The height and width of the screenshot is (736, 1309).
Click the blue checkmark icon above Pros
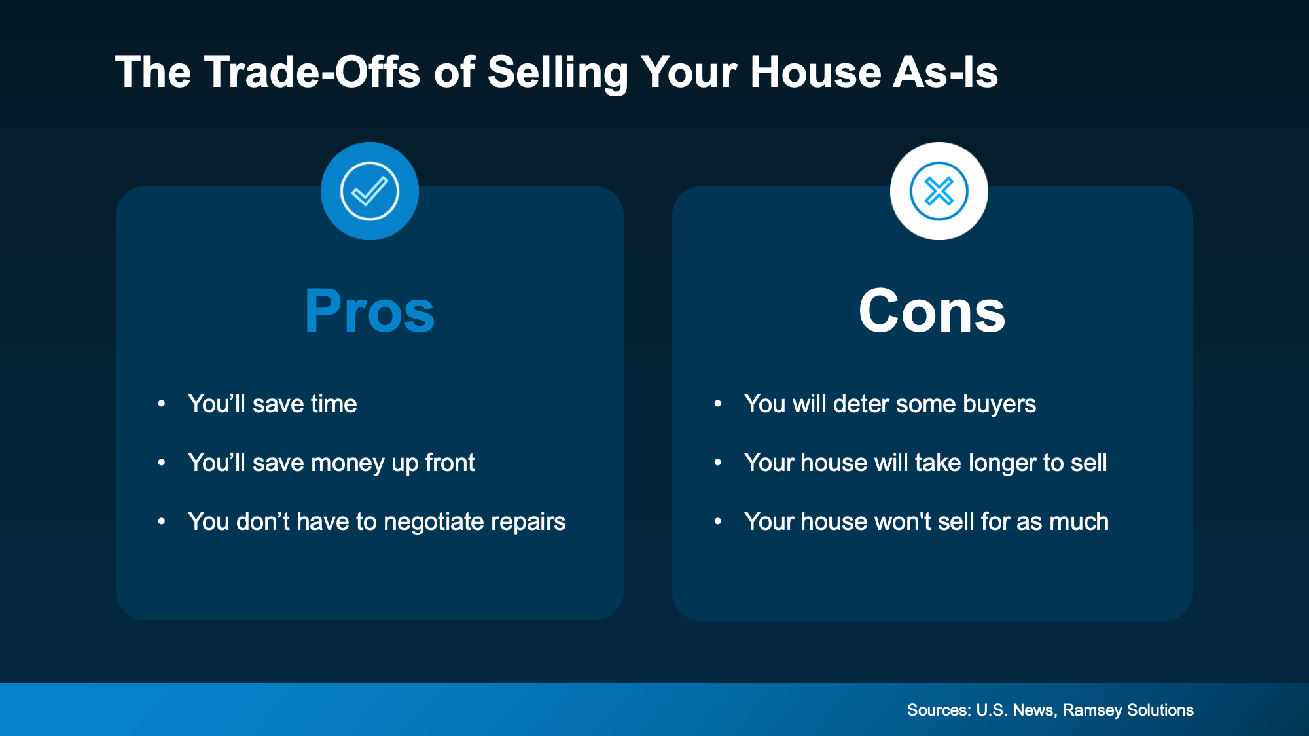tap(370, 191)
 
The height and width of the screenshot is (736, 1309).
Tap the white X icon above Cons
tap(939, 191)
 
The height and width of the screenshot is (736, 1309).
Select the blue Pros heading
tap(370, 311)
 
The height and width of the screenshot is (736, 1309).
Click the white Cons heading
tap(932, 311)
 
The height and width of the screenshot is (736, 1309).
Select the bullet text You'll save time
tap(272, 404)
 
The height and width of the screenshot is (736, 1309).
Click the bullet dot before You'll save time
tap(162, 404)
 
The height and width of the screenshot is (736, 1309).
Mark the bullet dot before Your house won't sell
tap(718, 521)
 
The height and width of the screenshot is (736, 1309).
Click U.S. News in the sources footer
tap(1015, 710)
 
